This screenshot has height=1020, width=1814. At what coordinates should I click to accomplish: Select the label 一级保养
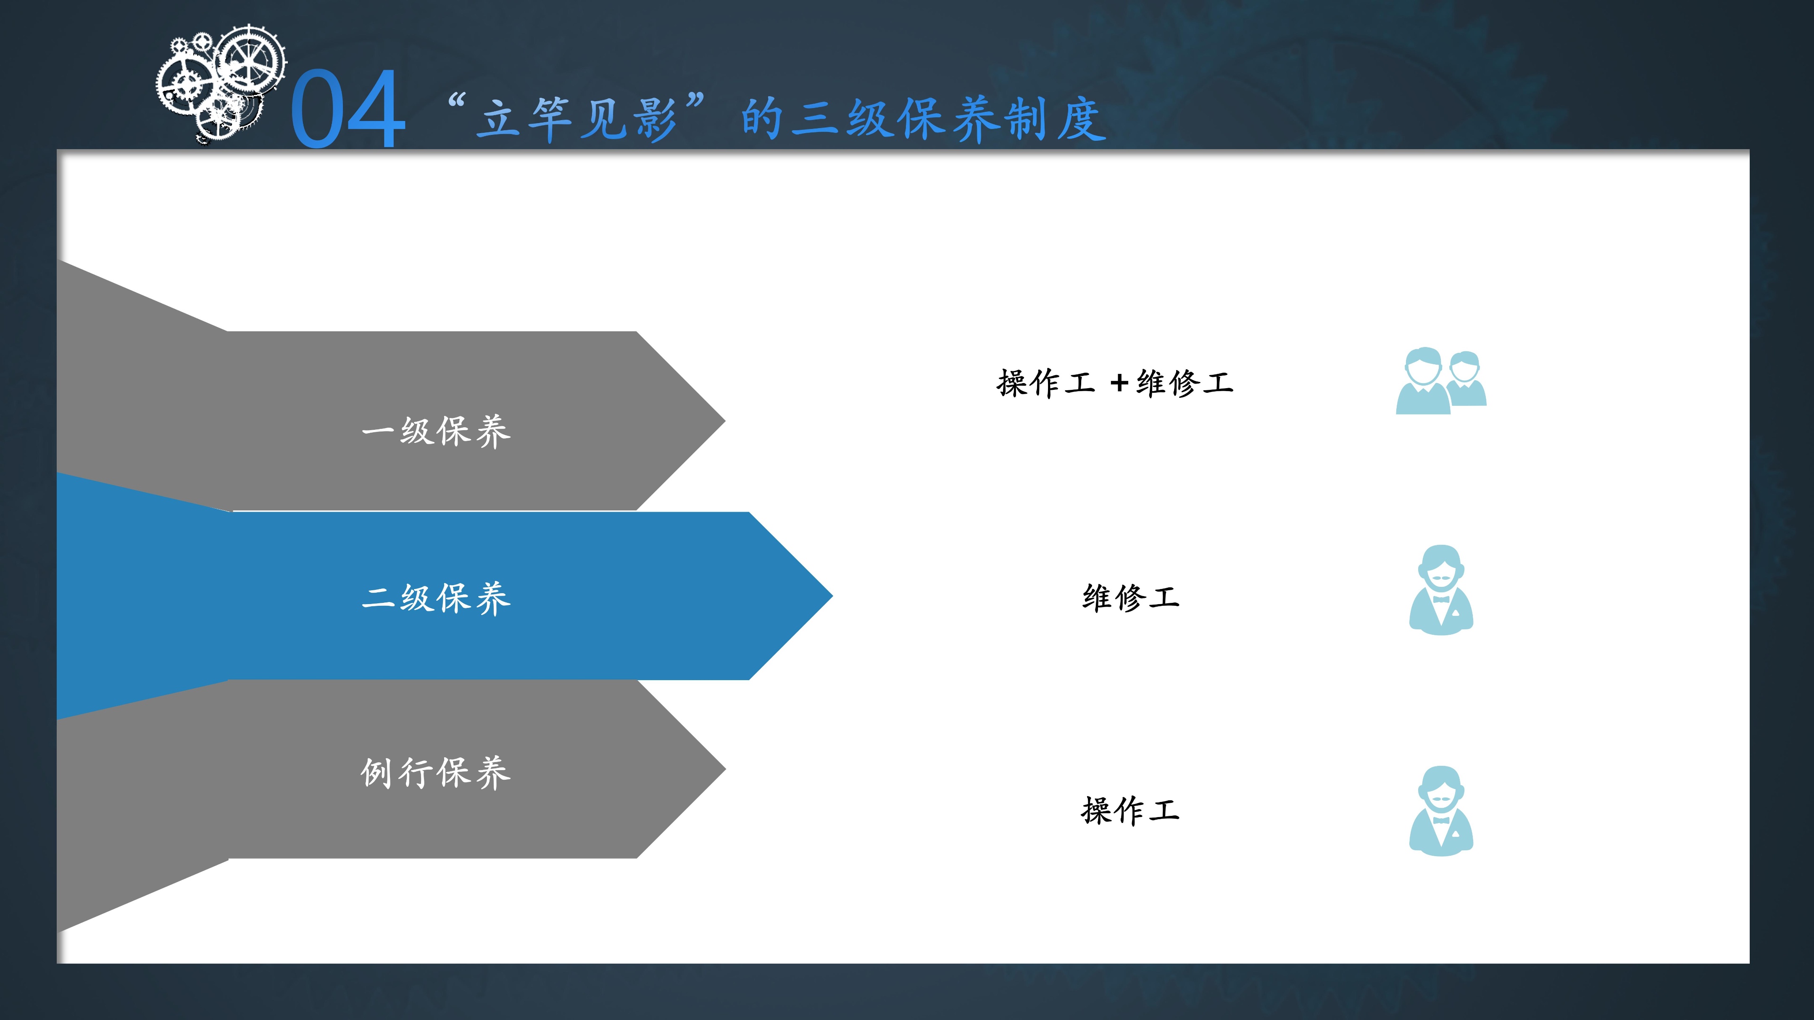coord(436,431)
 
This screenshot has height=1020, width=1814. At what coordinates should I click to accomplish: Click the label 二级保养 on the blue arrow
coord(436,598)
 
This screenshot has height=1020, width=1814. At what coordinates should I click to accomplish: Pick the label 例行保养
coord(436,772)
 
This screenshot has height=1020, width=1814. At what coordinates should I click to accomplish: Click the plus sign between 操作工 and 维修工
coord(1119,384)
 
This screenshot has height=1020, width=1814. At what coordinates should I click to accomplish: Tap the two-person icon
coord(1441,381)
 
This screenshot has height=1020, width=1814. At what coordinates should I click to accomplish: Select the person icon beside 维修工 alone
coord(1441,590)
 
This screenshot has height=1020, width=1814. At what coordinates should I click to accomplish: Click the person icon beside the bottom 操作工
coord(1441,811)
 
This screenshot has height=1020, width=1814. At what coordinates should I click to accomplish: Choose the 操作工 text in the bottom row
coord(1131,810)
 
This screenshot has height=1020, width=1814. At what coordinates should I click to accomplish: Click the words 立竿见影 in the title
coord(576,118)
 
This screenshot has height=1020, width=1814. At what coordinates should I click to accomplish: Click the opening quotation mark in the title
coord(457,102)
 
